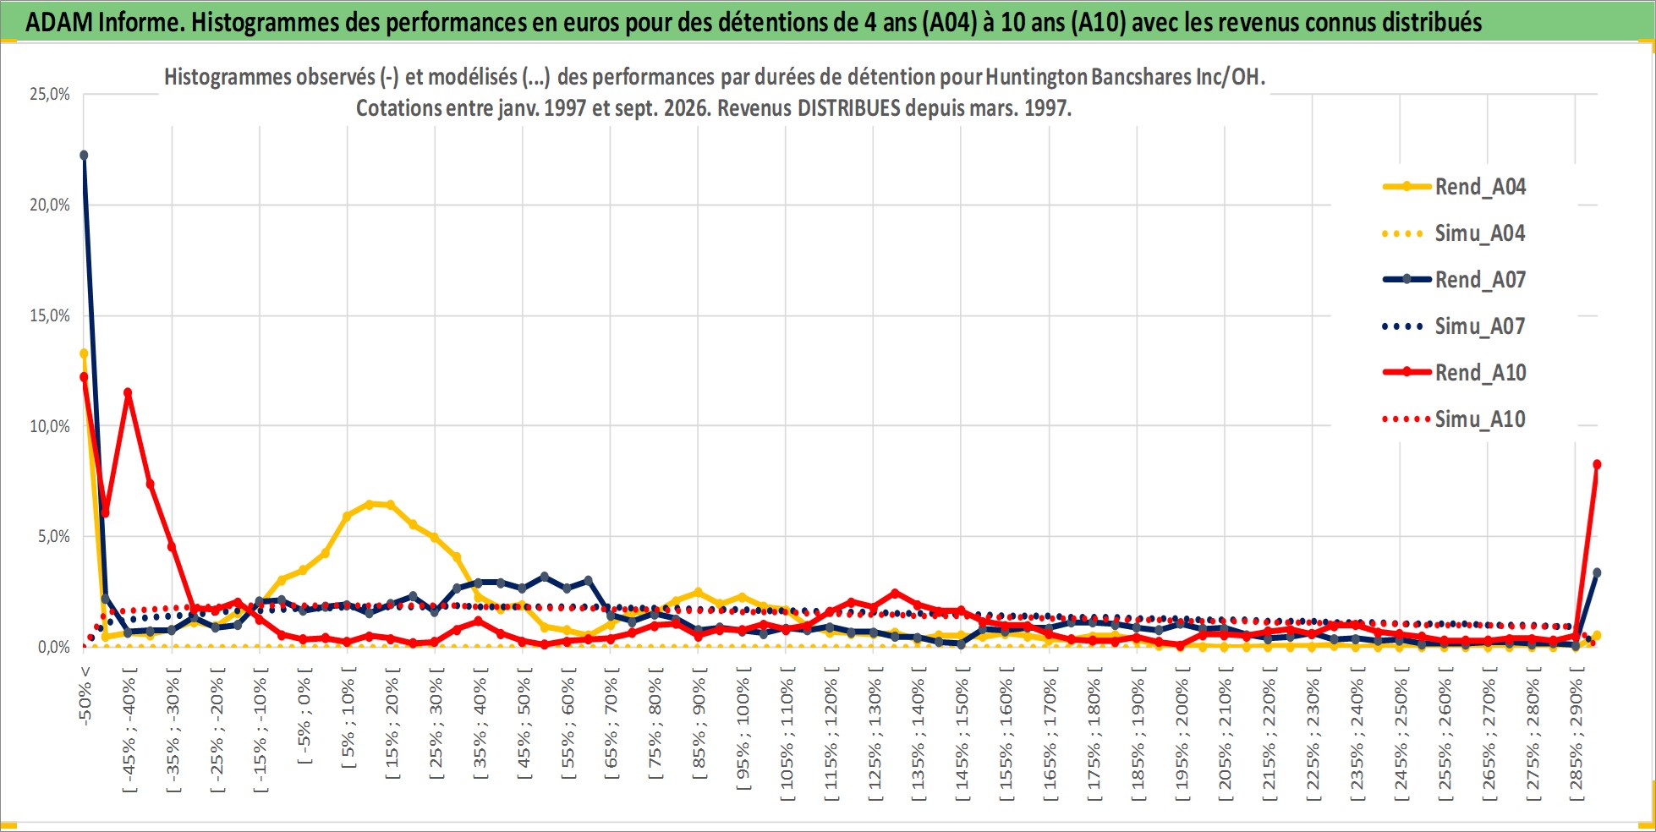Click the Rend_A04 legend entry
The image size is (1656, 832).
(x=1454, y=187)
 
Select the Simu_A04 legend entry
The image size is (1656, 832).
(x=1454, y=233)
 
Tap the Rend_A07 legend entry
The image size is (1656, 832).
(x=1454, y=280)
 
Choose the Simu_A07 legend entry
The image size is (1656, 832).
(x=1454, y=326)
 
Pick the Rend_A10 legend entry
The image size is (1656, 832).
(x=1454, y=373)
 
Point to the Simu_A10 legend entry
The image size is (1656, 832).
(x=1454, y=419)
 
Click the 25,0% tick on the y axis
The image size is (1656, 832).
(x=50, y=95)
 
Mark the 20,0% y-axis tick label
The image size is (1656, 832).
(x=50, y=205)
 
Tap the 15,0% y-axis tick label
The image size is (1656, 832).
(x=50, y=315)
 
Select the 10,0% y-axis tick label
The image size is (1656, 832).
(x=50, y=426)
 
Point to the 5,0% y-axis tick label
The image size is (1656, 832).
(x=54, y=536)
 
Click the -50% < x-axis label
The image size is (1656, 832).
(x=85, y=695)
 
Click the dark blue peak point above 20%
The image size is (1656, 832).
(x=84, y=155)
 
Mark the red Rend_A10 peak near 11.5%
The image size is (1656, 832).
(x=128, y=392)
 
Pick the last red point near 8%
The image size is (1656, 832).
(x=1597, y=464)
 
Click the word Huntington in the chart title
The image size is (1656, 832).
(x=1037, y=77)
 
